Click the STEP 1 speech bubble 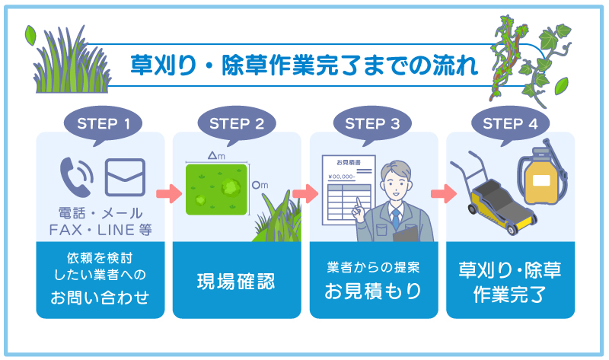point(100,123)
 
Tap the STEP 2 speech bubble point(237,123)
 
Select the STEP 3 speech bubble point(373,123)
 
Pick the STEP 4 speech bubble point(509,123)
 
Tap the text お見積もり point(373,291)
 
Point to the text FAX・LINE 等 point(100,229)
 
